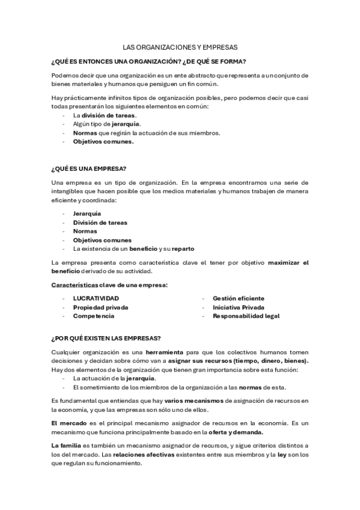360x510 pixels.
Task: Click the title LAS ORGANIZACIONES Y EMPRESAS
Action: coord(180,46)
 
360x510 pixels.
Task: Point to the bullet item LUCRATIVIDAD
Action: coord(96,298)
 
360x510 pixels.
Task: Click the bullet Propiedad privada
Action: coord(100,307)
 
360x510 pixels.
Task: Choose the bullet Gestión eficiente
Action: coord(238,298)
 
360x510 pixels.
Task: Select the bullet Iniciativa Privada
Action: coord(238,307)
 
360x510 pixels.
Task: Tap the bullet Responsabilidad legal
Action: coord(246,316)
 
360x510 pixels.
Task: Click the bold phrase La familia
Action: coord(65,445)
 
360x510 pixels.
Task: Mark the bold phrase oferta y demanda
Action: coord(237,432)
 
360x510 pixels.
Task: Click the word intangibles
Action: coord(66,191)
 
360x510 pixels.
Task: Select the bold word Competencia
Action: coord(94,316)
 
